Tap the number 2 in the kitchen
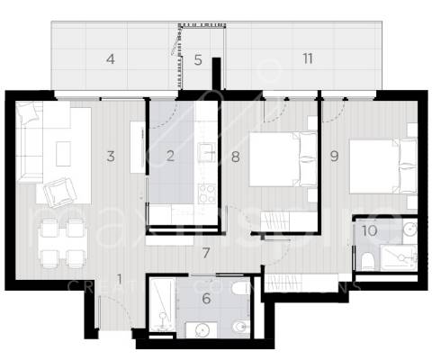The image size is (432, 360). coord(170,156)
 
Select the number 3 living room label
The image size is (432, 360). coord(111,156)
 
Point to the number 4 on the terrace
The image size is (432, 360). coord(111,60)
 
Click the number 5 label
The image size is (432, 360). coord(198,60)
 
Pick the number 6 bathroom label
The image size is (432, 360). coord(205,298)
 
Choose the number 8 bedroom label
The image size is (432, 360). coord(234,156)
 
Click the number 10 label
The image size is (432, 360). coord(370,230)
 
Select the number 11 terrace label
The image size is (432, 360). coord(308,59)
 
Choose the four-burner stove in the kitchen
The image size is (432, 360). coord(205,192)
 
